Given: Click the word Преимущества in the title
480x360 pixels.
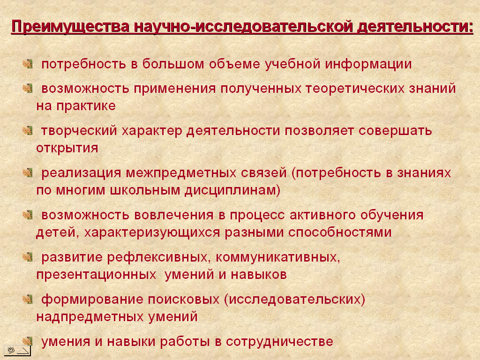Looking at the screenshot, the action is pos(70,27).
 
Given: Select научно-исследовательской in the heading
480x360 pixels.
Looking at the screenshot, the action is pos(243,26).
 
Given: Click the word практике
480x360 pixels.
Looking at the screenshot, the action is pos(86,106).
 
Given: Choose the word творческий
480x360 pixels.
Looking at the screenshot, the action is pos(79,131).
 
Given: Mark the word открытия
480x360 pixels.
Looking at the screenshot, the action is pos(67,148).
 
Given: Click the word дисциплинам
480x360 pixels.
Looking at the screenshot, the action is pos(232,191).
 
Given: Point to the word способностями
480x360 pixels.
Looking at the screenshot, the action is pos(340,232).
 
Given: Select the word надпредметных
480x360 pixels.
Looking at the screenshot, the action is pos(90,316).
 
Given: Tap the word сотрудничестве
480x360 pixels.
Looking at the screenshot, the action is pos(279,342).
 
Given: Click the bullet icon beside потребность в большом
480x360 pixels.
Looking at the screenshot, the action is pos(28,64).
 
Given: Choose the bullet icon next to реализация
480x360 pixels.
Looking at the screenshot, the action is pos(28,172).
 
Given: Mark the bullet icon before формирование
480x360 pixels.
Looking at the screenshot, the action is pos(28,299).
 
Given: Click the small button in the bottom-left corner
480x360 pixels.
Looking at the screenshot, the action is pos(17,350).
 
